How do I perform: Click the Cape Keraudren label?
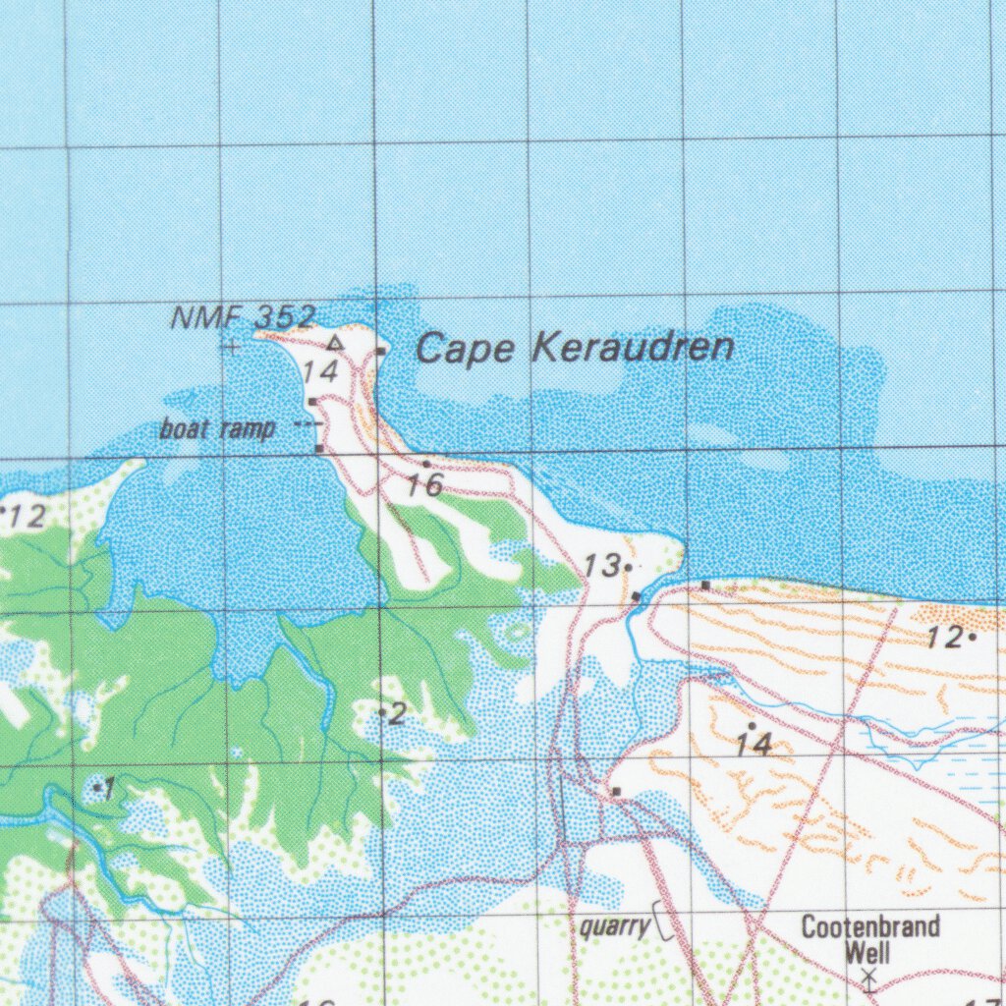(x=575, y=348)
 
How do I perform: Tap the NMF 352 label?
(x=244, y=317)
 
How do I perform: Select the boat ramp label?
(x=217, y=429)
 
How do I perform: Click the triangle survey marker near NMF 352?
(x=335, y=343)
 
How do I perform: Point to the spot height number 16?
(x=425, y=484)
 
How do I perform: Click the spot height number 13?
(x=600, y=566)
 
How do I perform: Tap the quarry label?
(x=615, y=926)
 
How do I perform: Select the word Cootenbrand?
(x=870, y=926)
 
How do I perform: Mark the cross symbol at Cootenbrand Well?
(x=868, y=977)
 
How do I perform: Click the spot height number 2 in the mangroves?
(x=397, y=714)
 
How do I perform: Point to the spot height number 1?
(x=110, y=788)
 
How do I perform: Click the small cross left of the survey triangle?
(x=233, y=346)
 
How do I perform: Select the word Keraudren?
(x=634, y=348)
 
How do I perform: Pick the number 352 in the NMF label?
(x=285, y=317)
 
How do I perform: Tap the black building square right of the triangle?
(x=380, y=350)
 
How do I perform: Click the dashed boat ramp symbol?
(x=308, y=423)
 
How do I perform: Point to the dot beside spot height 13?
(x=627, y=567)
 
